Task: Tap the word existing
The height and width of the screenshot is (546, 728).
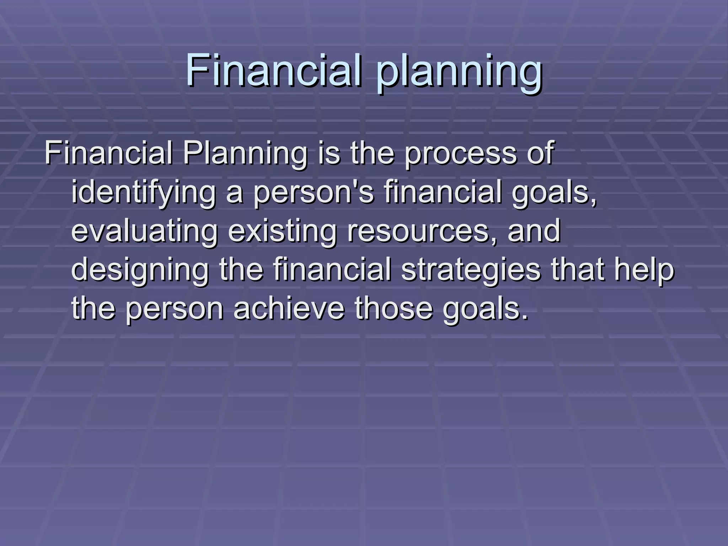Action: click(282, 231)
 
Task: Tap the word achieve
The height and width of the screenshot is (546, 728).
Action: click(289, 308)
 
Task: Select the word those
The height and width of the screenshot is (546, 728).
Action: click(394, 308)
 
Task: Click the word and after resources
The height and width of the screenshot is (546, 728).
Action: click(534, 231)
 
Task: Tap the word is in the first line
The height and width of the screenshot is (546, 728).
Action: click(329, 154)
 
